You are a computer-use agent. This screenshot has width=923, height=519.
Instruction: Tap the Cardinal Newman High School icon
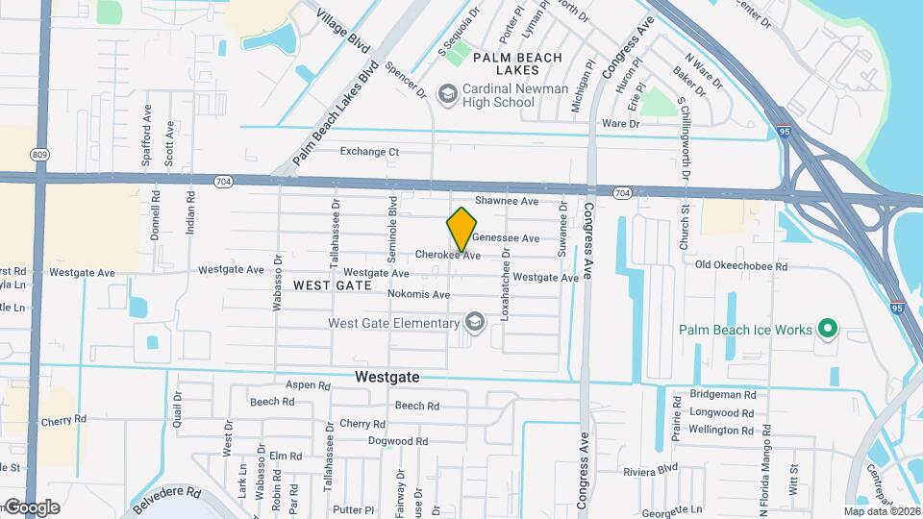(x=447, y=93)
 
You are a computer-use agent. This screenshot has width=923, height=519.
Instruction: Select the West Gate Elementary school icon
(x=473, y=323)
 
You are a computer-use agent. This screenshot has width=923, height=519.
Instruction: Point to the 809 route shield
(x=39, y=154)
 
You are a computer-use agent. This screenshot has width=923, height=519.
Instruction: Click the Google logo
(x=31, y=507)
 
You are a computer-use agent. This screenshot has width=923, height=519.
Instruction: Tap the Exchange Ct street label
(x=369, y=152)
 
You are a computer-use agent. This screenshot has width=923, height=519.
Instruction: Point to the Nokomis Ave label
(x=418, y=294)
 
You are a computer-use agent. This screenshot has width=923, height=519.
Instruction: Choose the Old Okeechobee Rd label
(x=740, y=266)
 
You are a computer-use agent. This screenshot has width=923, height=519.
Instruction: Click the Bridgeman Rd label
(x=722, y=395)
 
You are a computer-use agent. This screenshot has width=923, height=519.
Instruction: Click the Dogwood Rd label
(x=397, y=441)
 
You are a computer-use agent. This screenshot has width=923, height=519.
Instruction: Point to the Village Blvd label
(x=344, y=30)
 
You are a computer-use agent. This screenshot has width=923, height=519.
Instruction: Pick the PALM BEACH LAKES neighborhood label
(x=517, y=64)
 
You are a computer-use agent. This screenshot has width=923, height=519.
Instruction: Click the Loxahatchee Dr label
(x=505, y=292)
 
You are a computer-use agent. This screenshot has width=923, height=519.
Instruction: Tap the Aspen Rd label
(x=308, y=385)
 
